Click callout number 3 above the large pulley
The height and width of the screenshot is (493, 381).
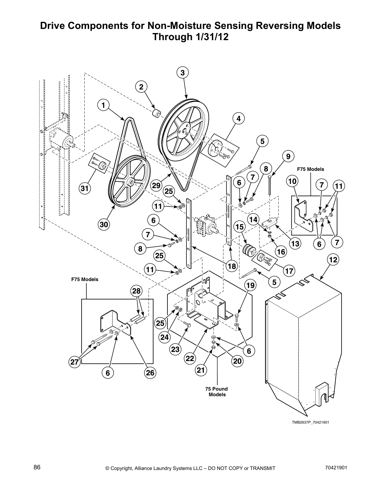pos(183,73)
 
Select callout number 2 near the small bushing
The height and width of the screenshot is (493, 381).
pos(141,87)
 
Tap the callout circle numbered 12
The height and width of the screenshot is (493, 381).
pos(333,260)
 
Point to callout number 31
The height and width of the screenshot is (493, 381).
pos(84,188)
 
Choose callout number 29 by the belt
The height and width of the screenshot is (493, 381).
pos(156,185)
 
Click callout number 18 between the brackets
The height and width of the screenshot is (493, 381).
pos(232,266)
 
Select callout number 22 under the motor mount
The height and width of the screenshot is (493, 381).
pos(190,358)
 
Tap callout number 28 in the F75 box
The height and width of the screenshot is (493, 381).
pos(136,291)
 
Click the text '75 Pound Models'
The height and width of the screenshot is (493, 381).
pos(217,392)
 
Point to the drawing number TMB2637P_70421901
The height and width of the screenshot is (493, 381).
pos(310,422)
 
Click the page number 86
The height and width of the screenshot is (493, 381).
pos(37,467)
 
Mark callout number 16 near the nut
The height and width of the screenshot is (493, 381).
pos(281,251)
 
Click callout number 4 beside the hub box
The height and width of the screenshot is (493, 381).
pos(238,119)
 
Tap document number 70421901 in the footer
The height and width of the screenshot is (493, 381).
pos(336,468)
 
